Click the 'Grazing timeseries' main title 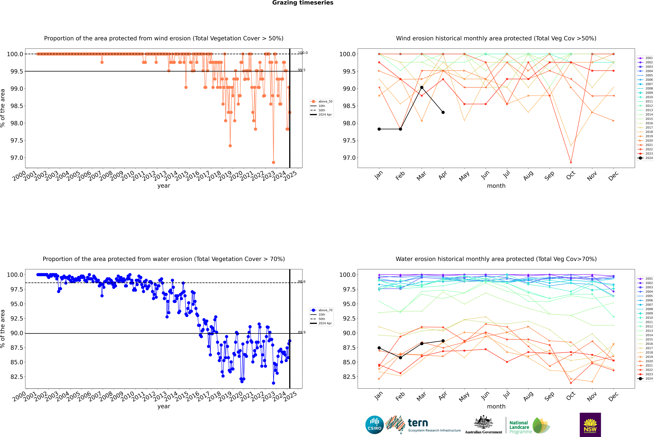303,3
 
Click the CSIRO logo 374,425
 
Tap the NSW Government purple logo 590,425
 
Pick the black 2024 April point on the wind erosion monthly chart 443,112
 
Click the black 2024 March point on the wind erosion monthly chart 422,87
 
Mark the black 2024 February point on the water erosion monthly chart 400,358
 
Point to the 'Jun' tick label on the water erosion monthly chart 485,396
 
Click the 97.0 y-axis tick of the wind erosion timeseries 17,158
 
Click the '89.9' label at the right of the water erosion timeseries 302,332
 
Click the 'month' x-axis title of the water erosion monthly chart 496,406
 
